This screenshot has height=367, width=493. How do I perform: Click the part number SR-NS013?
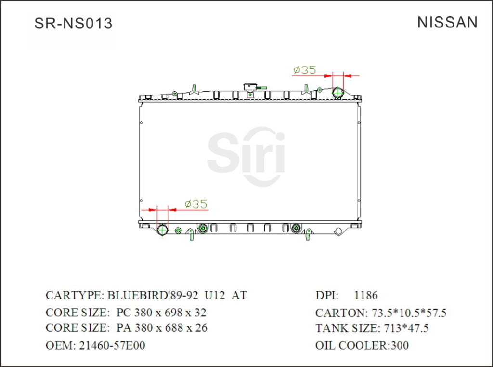(73, 23)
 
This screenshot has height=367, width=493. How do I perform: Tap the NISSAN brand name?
(447, 22)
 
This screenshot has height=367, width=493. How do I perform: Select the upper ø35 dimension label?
(304, 70)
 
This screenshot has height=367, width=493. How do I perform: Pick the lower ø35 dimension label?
(196, 204)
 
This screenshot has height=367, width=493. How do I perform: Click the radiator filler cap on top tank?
(250, 87)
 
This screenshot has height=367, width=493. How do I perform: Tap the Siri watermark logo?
(246, 155)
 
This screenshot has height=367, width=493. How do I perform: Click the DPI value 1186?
(366, 295)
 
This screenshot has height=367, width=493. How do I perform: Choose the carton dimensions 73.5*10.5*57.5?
(407, 313)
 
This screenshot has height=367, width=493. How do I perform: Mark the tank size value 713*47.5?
(406, 329)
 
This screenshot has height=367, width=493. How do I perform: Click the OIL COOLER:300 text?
(362, 345)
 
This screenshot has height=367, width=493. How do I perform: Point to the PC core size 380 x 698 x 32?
(161, 313)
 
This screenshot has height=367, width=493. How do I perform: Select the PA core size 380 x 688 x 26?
(162, 328)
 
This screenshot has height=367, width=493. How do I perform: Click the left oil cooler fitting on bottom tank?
(203, 228)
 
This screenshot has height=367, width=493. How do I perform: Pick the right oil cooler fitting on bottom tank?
(296, 228)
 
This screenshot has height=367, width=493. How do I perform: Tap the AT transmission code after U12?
(239, 295)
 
